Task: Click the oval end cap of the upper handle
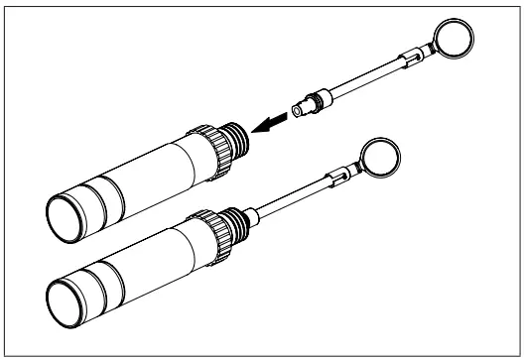(x=66, y=210)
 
